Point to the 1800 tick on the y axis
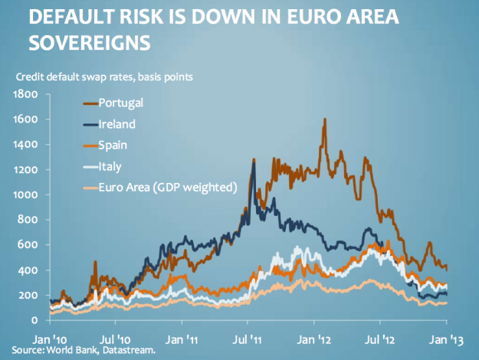tap(27, 94)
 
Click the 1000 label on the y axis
tap(27, 195)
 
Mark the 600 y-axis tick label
tap(29, 245)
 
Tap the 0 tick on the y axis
tap(35, 320)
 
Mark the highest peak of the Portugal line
tap(325, 119)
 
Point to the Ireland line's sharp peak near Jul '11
tap(253, 159)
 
